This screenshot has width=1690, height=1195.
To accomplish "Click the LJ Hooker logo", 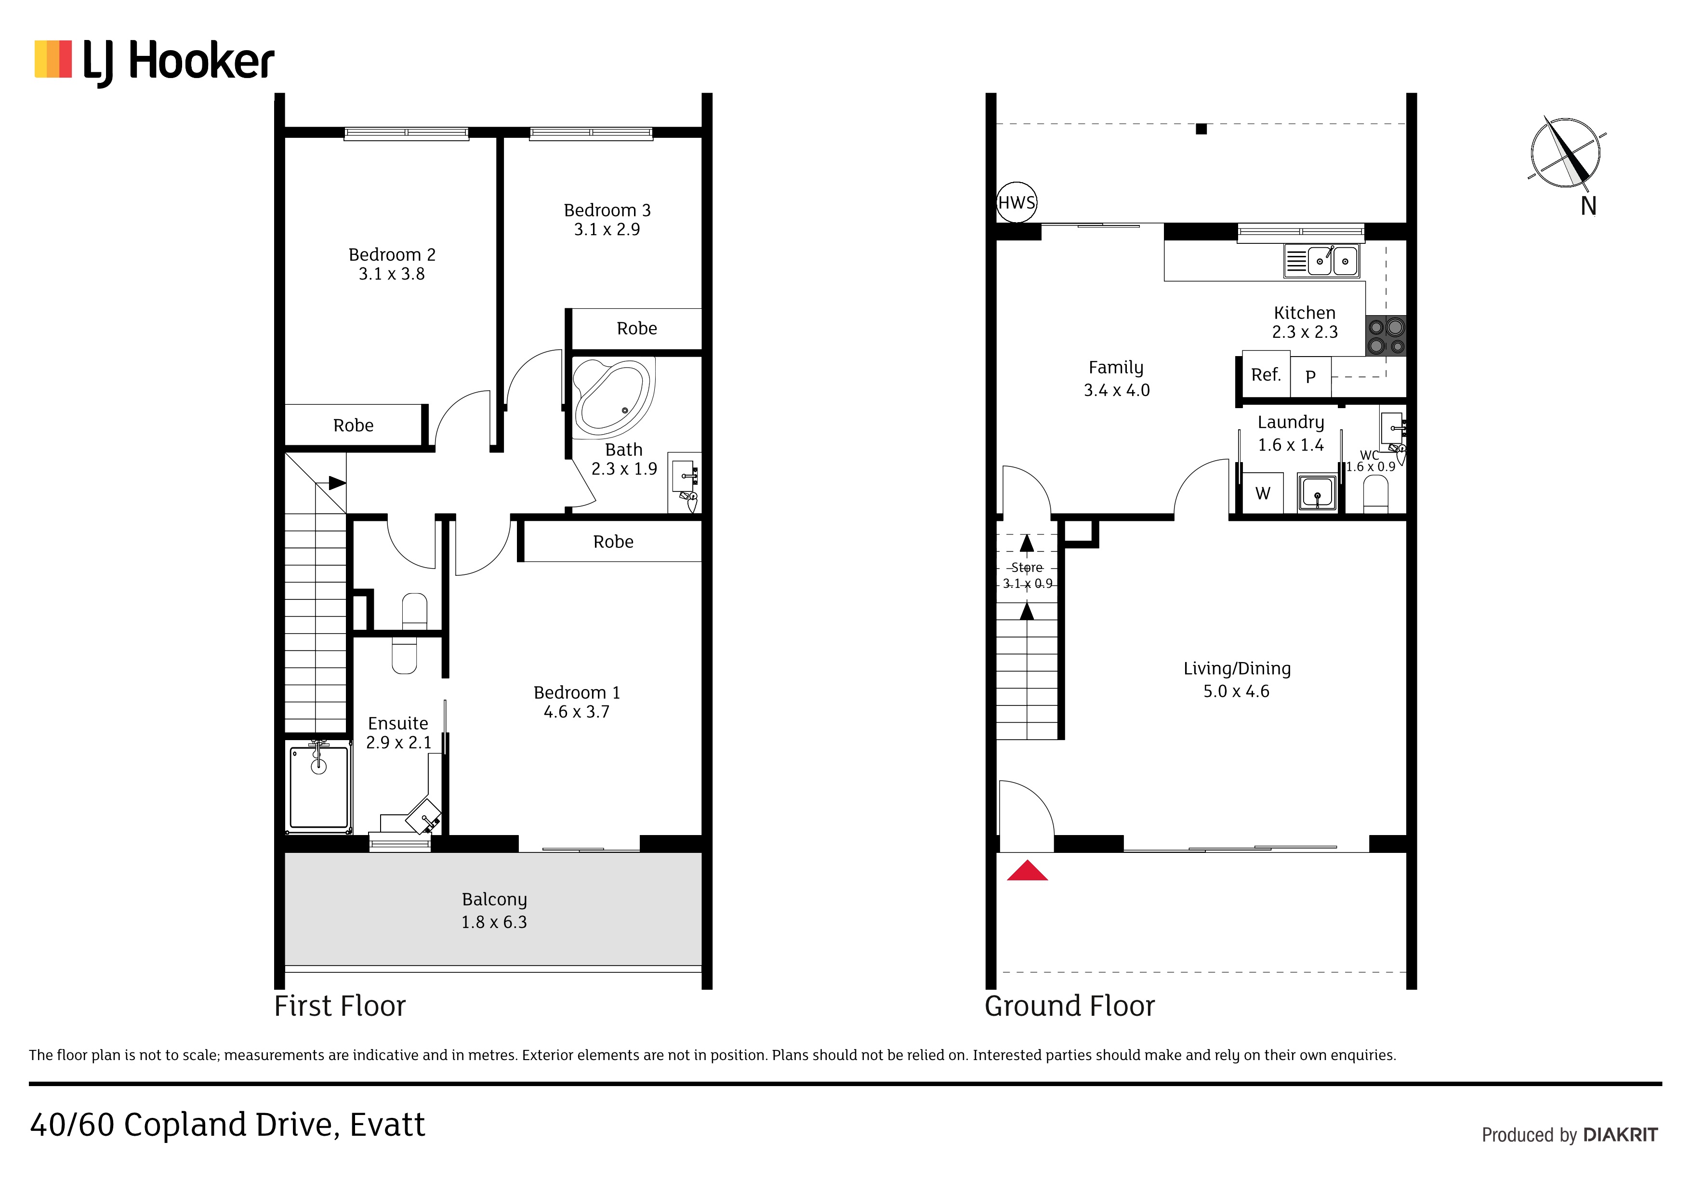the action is (155, 63).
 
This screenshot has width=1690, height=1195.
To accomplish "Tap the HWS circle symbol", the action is (1017, 202).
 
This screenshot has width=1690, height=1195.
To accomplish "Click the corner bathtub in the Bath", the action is (614, 398).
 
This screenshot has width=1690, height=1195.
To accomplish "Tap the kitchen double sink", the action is (1321, 261).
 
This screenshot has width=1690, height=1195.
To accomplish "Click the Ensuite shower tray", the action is (319, 787).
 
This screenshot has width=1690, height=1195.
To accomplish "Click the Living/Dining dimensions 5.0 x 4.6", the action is (1237, 691).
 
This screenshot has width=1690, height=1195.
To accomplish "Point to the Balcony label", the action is (495, 900).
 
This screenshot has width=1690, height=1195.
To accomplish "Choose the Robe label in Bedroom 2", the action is (353, 425).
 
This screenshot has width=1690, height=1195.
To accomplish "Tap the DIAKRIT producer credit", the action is (1620, 1135).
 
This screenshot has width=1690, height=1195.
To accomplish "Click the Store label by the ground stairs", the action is (1027, 568).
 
